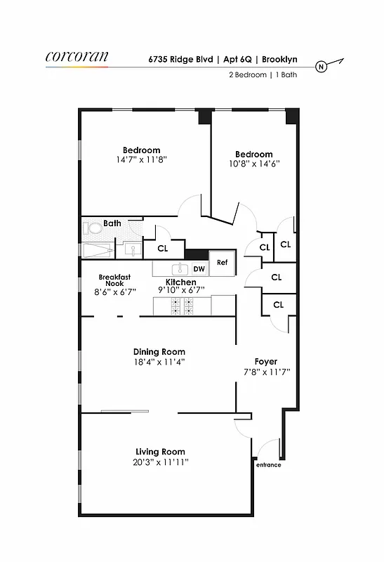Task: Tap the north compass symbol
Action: tap(321, 67)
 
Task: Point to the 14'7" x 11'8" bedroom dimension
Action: tap(141, 160)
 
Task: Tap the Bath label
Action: tap(112, 223)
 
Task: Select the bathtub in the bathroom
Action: tap(97, 251)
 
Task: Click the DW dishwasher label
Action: tap(199, 268)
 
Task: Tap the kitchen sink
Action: tap(180, 268)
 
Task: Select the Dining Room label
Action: tap(159, 352)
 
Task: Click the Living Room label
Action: tap(161, 452)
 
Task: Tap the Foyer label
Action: tap(266, 362)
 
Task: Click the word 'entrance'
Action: tap(268, 464)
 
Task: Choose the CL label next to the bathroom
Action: tap(162, 248)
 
